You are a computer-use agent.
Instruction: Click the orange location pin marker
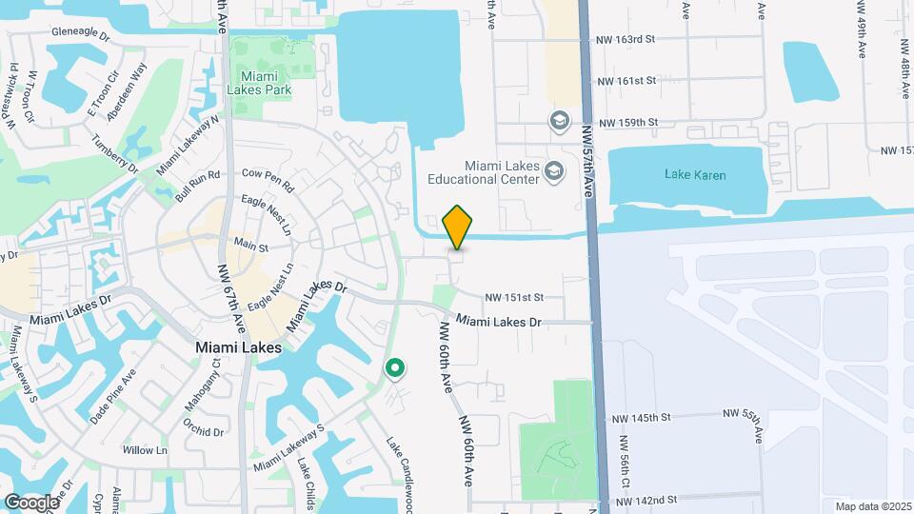click(457, 227)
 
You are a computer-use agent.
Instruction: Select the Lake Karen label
click(695, 175)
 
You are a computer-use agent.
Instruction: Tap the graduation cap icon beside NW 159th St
click(558, 120)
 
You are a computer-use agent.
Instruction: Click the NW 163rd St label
click(624, 39)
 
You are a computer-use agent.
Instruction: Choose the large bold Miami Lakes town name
click(238, 348)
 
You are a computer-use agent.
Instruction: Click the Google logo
click(31, 502)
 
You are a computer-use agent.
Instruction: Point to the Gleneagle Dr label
click(81, 30)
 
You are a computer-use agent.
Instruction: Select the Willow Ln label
click(145, 449)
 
